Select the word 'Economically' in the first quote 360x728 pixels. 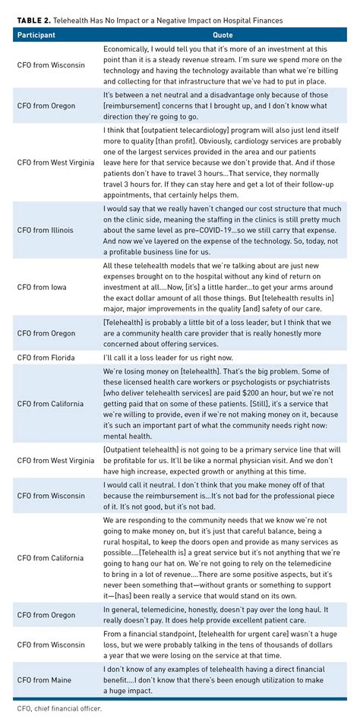pos(132,48)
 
